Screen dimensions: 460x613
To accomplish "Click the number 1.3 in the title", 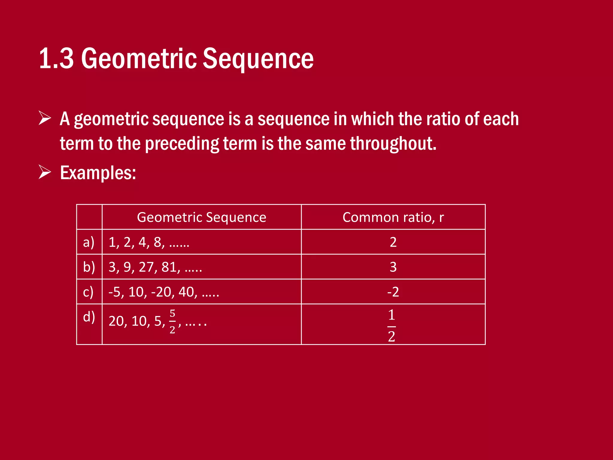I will coord(56,58).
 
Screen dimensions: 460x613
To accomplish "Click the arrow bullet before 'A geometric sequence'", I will coord(45,118).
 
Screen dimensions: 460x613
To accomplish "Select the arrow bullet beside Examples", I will coord(45,172).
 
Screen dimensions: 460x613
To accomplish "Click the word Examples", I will coord(98,173).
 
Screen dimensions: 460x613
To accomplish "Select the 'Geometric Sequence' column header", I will coord(201,217).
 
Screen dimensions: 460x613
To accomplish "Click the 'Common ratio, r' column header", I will coord(393,217).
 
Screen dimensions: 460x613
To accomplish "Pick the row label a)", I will coord(89,242).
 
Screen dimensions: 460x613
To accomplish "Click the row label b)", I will coord(89,267).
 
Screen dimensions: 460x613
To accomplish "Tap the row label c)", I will coord(88,292).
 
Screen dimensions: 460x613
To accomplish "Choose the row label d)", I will coord(89,317).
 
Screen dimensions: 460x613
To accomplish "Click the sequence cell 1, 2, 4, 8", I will coord(149,242).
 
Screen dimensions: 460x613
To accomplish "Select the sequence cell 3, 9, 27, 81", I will coord(155,267).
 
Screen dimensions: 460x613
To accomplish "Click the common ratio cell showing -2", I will coord(393,292).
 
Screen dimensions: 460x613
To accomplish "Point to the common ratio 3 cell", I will coord(393,267).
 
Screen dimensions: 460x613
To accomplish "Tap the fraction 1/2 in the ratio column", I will coord(392,326).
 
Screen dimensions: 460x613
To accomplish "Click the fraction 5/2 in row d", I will coord(172,321).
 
